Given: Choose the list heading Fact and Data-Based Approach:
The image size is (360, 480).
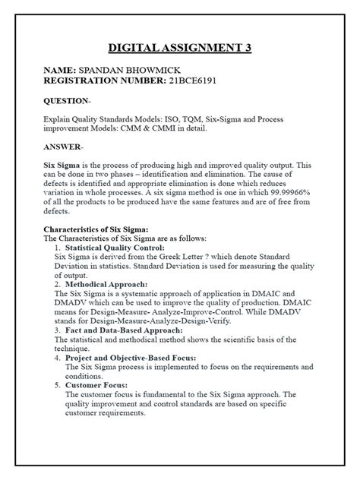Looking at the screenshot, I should [x=124, y=330].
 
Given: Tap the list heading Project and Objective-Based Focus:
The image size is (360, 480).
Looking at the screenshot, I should [x=131, y=357].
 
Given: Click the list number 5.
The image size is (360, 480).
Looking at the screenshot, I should [x=58, y=385].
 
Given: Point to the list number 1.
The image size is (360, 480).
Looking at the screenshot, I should [x=58, y=248].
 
